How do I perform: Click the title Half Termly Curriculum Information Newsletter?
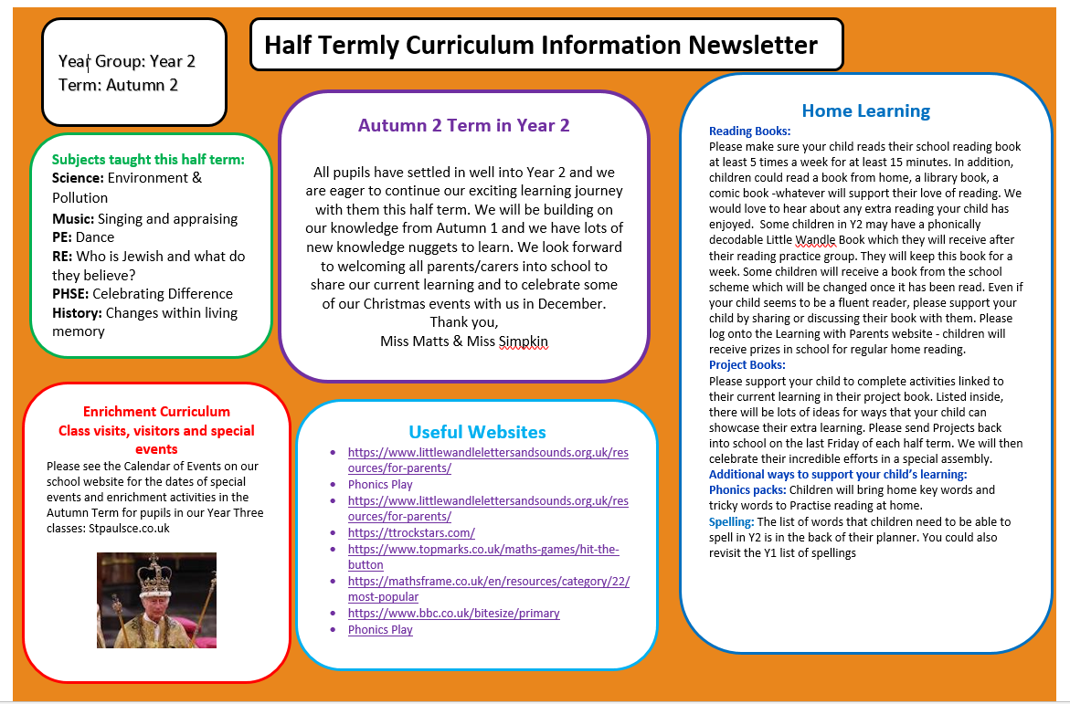click(541, 45)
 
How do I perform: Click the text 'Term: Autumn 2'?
click(118, 85)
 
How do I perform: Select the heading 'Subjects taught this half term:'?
click(148, 159)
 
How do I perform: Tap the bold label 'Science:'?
click(78, 178)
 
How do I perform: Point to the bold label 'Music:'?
click(73, 218)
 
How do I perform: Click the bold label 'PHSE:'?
click(70, 293)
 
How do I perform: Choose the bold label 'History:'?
click(77, 312)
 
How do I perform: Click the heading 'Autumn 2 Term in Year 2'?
click(463, 125)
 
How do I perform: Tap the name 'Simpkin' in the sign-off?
click(524, 341)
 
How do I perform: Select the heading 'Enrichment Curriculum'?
click(156, 411)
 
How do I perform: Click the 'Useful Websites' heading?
click(477, 432)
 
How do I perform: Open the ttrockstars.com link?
click(411, 532)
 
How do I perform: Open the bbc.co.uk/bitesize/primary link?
click(453, 613)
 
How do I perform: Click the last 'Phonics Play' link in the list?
click(380, 629)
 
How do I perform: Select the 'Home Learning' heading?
click(865, 110)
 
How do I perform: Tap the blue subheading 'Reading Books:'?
click(749, 131)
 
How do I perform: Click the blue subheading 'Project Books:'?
click(747, 365)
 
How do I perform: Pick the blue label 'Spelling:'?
click(731, 521)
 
